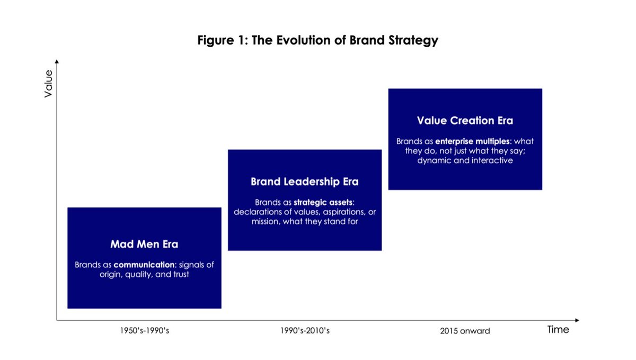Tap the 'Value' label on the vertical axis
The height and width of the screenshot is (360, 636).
coord(48,83)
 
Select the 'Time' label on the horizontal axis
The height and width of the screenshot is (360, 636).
coord(558,330)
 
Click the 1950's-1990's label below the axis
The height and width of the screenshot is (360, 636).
coord(144,331)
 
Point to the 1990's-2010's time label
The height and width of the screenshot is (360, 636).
coord(305,331)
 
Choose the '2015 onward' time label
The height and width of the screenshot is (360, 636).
coord(465,331)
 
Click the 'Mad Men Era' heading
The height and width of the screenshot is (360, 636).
coord(144,244)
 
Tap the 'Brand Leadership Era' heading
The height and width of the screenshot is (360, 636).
coord(305,182)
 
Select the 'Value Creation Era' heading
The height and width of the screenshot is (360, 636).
coord(465,120)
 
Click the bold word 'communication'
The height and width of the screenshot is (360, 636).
coord(138,264)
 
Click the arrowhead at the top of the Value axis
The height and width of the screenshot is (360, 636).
coord(56,62)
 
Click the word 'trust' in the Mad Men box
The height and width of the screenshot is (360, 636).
coord(179,274)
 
